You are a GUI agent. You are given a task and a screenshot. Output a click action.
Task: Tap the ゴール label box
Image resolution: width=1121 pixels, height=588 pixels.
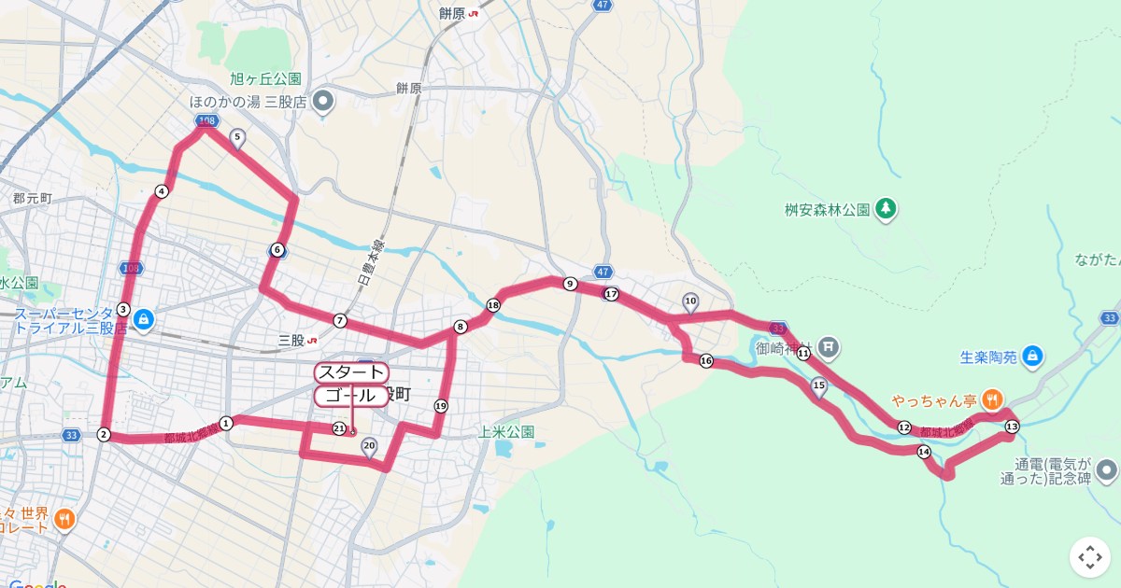349,396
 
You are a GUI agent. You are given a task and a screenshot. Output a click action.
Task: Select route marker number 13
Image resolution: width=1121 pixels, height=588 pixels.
1012,427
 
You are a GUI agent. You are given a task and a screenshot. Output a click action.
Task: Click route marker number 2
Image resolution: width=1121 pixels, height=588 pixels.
104,434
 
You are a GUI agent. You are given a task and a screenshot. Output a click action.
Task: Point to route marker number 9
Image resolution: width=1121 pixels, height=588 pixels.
569,283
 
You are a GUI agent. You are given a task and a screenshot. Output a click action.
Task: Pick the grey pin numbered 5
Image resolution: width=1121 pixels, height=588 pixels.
236,138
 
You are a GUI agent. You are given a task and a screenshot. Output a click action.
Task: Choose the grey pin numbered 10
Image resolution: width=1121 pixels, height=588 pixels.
690,301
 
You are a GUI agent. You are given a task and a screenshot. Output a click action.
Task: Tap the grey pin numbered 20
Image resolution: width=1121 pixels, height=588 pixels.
369,447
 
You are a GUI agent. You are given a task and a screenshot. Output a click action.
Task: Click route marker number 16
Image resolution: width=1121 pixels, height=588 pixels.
705,361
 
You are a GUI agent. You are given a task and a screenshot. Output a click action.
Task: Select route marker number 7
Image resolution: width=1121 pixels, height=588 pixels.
340,320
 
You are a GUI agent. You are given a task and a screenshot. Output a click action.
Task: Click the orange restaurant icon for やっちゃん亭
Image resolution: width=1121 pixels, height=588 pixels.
992,399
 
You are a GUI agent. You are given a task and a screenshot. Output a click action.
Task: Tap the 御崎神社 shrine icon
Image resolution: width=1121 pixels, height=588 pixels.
829,349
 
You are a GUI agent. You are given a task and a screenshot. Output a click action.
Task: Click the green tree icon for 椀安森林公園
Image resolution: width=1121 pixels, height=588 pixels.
885,209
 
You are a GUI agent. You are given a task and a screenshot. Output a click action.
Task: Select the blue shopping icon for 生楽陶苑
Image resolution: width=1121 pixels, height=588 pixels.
1031,356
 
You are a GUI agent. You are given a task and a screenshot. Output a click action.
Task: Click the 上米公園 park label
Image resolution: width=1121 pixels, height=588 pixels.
505,431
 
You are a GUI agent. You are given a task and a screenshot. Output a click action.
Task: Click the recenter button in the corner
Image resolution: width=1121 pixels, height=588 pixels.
1090,557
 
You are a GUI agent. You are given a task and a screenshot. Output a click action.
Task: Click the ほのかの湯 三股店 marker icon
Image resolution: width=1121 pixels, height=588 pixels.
323,101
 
